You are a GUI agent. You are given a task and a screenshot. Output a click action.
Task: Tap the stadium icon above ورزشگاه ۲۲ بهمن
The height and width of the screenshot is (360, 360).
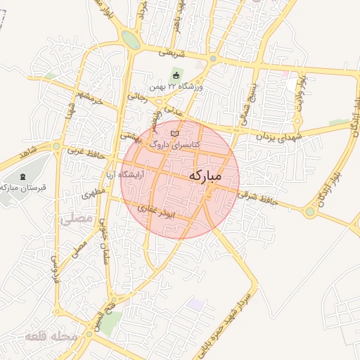(176, 75)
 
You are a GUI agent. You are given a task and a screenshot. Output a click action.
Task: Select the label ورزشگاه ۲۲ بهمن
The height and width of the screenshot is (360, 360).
(175, 87)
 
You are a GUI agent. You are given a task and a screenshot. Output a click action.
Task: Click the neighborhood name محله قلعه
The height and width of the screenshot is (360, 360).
(51, 337)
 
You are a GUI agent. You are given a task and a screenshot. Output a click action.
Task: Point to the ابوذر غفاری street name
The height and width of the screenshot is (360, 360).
(172, 210)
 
